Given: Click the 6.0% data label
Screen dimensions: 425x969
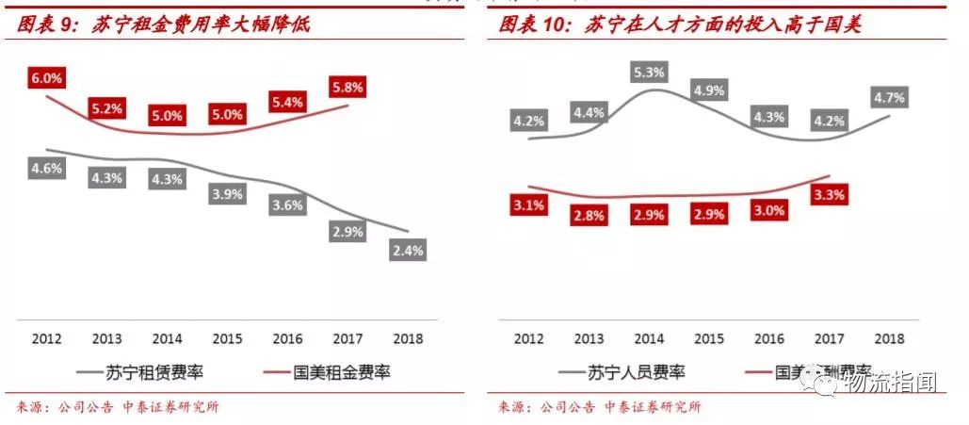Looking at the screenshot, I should coord(46,79).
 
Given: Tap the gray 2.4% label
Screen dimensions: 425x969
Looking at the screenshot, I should coord(409,250).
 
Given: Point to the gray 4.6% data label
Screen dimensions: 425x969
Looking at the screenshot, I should coord(46,170).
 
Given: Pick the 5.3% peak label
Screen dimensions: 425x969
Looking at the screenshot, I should coord(650,72).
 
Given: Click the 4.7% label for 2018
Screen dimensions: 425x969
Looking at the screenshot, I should coord(889,97).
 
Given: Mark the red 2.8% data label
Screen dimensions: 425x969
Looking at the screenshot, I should coord(589,217).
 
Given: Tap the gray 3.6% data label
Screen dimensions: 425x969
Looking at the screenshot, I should coord(286,204).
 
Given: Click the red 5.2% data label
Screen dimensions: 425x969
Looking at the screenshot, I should coord(107,108).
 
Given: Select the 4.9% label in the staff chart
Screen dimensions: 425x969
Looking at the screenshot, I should coord(708,91).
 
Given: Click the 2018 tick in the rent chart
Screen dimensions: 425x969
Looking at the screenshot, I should coord(409,338).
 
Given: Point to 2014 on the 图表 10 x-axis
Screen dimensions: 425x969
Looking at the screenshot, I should coord(649,338).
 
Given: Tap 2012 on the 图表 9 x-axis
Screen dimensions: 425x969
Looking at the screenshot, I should coord(46,338).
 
